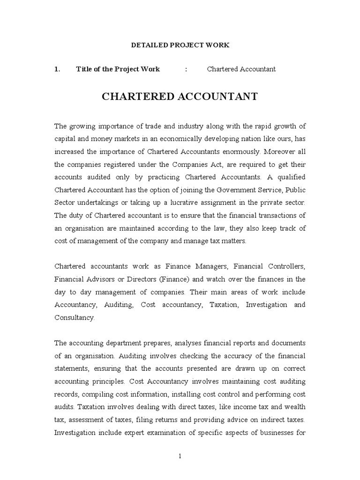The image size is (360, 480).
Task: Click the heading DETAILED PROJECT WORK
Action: pyautogui.click(x=180, y=45)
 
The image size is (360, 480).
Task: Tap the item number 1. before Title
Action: pyautogui.click(x=57, y=69)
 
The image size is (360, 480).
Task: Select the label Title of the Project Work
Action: pyautogui.click(x=118, y=69)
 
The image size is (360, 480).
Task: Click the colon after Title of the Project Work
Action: pyautogui.click(x=186, y=69)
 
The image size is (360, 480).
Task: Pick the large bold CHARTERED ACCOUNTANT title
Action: pyautogui.click(x=180, y=97)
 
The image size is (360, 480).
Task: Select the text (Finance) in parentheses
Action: pyautogui.click(x=173, y=279)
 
